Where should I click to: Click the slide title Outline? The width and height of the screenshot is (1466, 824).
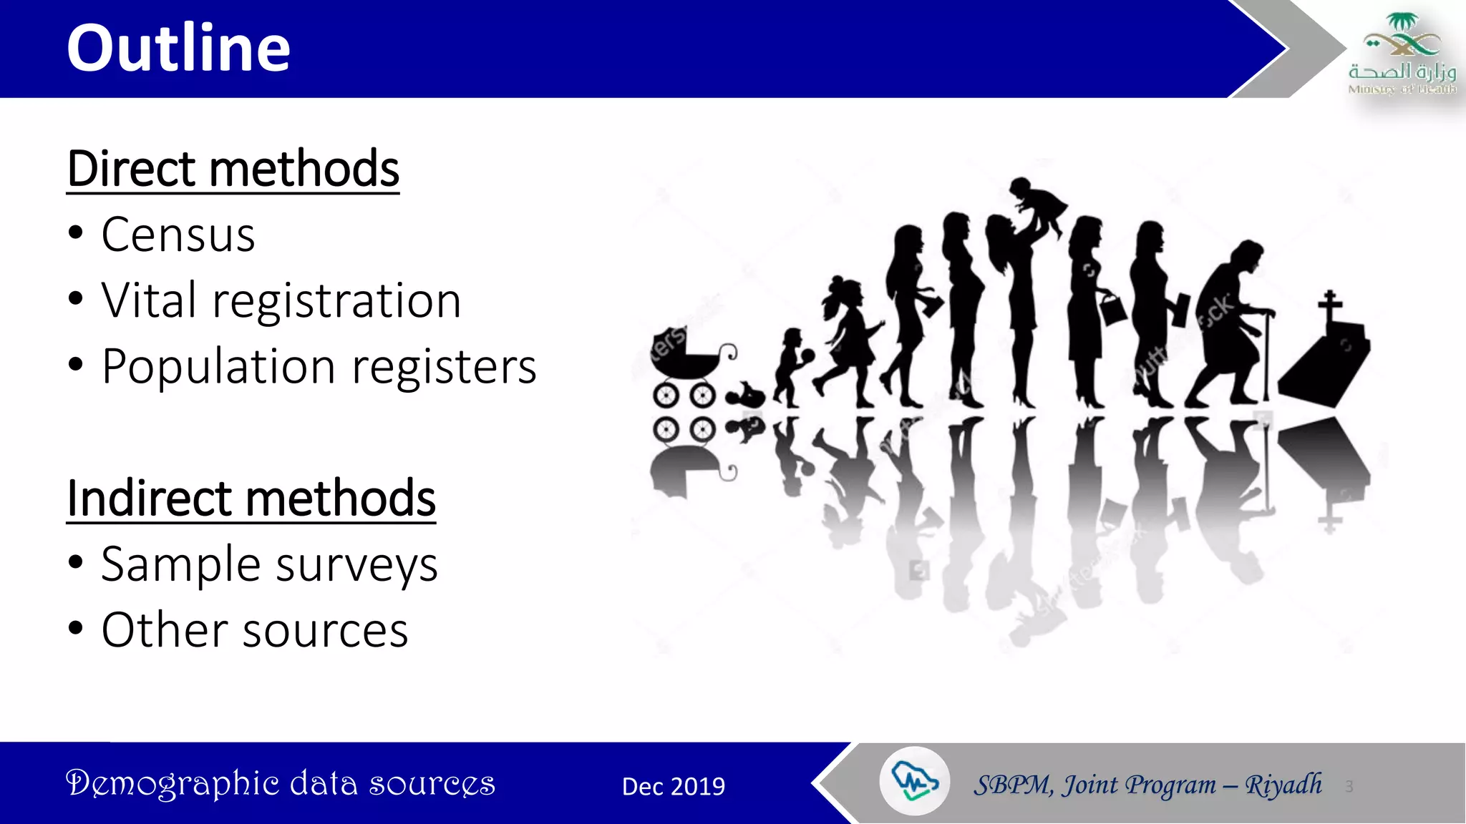pos(178,48)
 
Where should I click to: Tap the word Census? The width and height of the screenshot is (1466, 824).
pos(178,235)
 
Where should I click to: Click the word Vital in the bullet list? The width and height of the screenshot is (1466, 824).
pos(148,300)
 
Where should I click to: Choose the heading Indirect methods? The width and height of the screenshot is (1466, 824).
pos(251,499)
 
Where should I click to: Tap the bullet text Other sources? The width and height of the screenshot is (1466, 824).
pos(255,630)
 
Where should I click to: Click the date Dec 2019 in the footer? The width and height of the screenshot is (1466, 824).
pos(673,786)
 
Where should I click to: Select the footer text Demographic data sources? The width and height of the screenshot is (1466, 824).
pos(280,783)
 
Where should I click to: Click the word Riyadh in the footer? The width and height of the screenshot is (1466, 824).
pos(1283,785)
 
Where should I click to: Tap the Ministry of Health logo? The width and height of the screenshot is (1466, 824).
pos(1401,54)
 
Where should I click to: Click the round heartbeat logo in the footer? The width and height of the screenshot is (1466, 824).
pos(914,781)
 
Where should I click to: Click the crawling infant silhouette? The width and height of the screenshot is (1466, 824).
pos(745,395)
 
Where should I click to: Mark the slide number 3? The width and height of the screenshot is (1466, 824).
pos(1349,787)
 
